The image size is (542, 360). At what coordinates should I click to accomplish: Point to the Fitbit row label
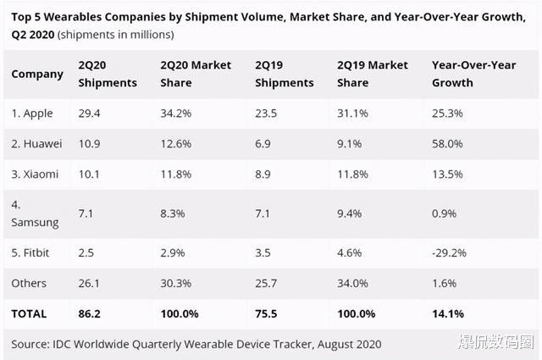[31, 252]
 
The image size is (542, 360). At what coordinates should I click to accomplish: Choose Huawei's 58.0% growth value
[447, 143]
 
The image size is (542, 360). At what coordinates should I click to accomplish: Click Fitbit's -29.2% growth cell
[449, 252]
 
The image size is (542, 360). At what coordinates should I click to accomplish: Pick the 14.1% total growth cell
[448, 313]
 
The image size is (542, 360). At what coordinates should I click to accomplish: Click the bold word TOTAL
[29, 313]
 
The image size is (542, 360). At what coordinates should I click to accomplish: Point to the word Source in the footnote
[31, 344]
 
